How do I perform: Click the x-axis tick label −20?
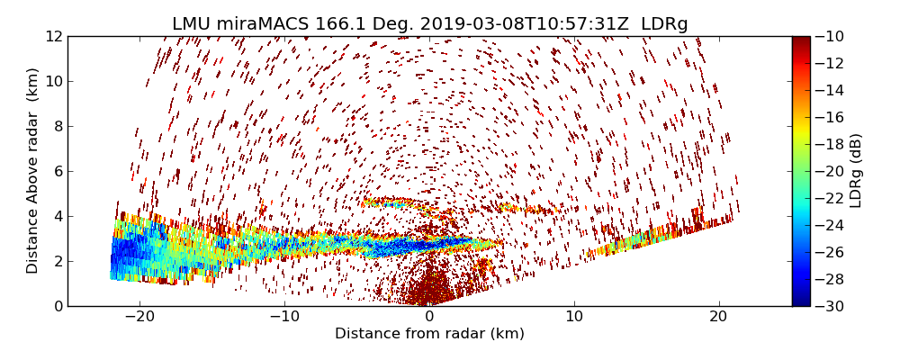tap(139, 317)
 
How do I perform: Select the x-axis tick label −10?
tap(284, 317)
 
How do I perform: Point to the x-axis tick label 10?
tap(574, 317)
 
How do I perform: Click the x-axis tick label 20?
tap(718, 317)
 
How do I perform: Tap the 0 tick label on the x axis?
tap(429, 317)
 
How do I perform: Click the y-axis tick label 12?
tap(53, 36)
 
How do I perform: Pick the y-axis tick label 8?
tap(57, 126)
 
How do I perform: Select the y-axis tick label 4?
tap(57, 216)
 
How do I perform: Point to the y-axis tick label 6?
tap(57, 171)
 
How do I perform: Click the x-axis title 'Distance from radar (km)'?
tap(429, 334)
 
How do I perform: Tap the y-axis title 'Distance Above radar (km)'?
tap(33, 170)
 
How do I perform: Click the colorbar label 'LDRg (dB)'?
tap(856, 170)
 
